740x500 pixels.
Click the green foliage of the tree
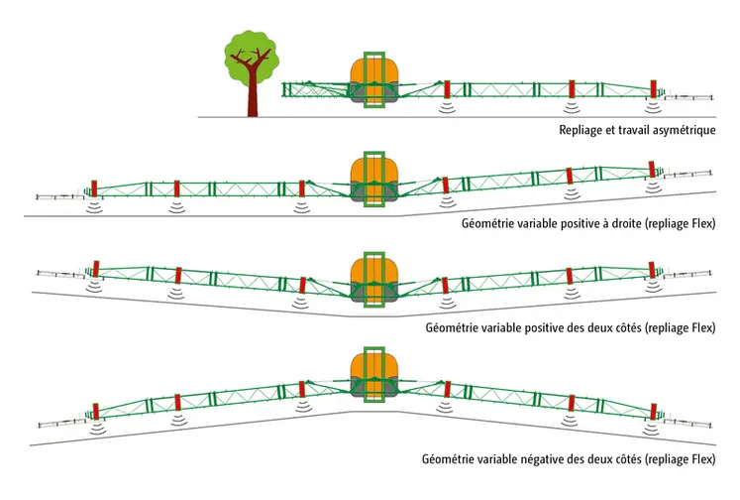click(x=248, y=55)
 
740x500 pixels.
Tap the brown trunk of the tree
click(x=254, y=99)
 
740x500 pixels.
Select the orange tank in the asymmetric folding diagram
click(x=373, y=71)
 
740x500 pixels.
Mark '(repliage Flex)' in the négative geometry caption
click(x=679, y=460)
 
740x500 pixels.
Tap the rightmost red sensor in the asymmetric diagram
click(x=653, y=87)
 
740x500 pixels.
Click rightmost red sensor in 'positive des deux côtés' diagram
click(x=653, y=269)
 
